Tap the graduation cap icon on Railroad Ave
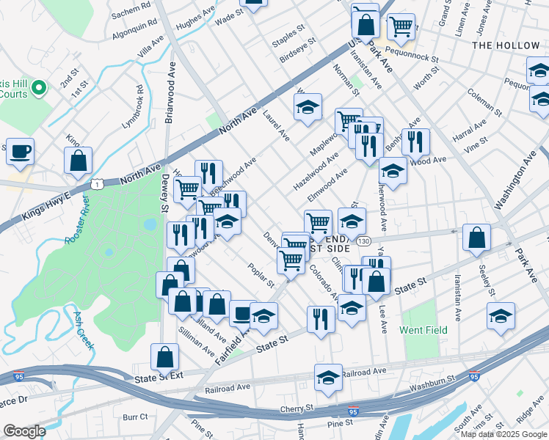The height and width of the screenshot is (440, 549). [328, 377]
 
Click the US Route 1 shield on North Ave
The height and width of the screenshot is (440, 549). [97, 184]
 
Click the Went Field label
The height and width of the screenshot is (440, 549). [423, 330]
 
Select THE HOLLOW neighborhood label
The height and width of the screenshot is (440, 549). [506, 45]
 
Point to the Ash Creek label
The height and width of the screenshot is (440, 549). [82, 329]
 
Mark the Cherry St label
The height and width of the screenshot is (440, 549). [297, 408]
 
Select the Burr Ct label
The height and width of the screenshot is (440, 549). [135, 417]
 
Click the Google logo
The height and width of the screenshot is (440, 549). [24, 431]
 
